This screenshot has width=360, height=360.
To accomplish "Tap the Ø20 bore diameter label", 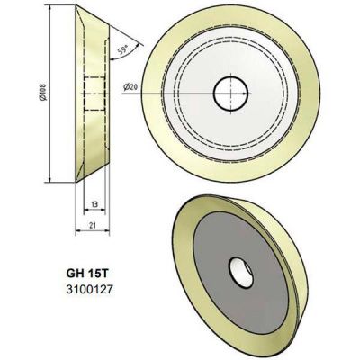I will pyautogui.click(x=131, y=87).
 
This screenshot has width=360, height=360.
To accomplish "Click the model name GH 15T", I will pyautogui.click(x=91, y=271).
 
